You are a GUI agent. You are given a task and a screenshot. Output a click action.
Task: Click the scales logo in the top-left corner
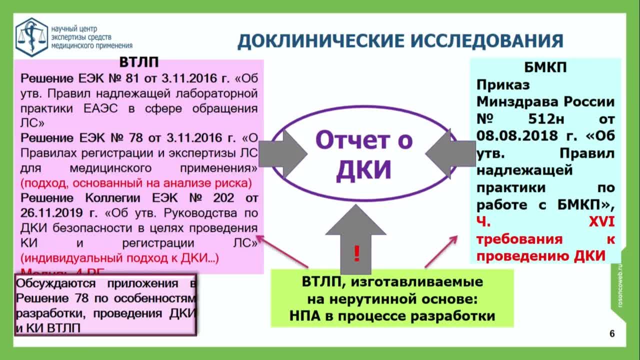coord(31,37)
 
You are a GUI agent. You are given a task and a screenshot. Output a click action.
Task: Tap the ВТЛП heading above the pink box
coord(139,62)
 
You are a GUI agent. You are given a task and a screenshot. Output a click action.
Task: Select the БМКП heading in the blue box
coord(545,67)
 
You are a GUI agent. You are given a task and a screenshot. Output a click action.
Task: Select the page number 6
coord(612,334)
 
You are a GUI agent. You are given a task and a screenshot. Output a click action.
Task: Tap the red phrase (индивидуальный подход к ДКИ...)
coord(119,258)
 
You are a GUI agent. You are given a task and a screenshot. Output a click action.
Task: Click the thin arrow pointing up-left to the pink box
coord(282,251)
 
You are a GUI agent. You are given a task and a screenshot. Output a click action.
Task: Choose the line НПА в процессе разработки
coord(392,316)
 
